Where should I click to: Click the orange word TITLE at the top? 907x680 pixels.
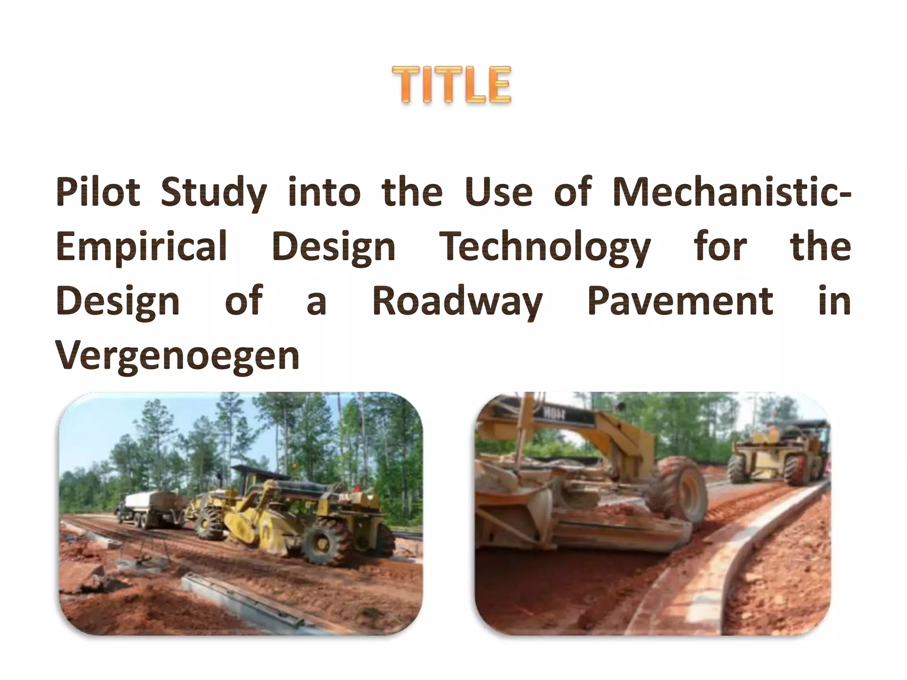(452, 85)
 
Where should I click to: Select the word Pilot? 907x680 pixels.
(98, 193)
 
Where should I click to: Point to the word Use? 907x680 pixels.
(498, 193)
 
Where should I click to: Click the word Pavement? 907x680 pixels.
(680, 301)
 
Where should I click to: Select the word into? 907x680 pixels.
(325, 193)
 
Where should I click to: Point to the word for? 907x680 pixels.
(721, 247)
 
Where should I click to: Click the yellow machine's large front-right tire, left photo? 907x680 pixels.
(322, 541)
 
